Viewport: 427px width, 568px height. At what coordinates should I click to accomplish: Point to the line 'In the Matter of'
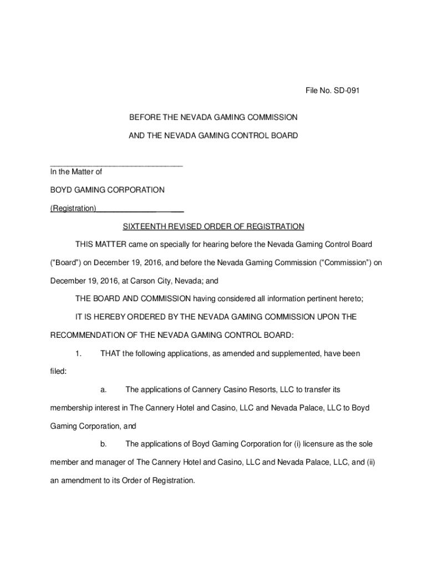click(76, 172)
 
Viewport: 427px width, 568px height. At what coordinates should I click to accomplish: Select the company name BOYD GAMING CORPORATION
click(108, 190)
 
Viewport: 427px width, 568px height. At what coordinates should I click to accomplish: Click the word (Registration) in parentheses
click(73, 209)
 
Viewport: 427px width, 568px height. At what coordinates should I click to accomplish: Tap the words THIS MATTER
click(101, 244)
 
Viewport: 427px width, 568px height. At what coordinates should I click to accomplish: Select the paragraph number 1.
click(79, 353)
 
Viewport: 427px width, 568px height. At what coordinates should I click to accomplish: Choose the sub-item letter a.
click(103, 390)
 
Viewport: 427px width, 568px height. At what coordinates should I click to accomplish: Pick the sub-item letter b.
click(103, 444)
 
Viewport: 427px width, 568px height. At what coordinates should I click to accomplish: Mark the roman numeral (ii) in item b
click(370, 462)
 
